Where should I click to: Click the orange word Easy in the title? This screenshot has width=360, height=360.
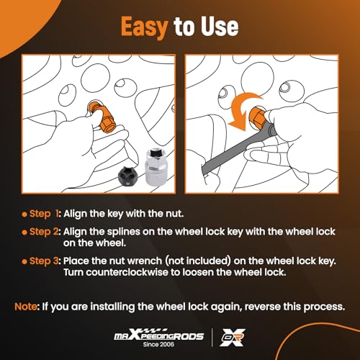click(144, 27)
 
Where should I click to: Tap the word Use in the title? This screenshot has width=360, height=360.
click(220, 27)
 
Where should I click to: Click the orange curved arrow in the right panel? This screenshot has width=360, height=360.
click(243, 110)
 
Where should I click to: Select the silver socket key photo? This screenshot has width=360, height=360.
click(157, 167)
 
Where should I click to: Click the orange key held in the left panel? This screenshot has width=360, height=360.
click(103, 117)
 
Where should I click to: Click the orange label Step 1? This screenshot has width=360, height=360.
click(44, 214)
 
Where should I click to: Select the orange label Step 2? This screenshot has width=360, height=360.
click(44, 232)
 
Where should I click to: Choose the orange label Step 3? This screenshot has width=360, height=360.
click(44, 261)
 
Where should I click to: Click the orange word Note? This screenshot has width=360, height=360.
click(26, 307)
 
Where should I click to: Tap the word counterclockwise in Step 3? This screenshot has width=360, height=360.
click(127, 272)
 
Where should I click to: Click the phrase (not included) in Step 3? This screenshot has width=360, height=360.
click(198, 261)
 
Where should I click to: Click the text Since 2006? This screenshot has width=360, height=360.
click(158, 344)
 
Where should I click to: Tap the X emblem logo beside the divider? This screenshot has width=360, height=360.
click(233, 337)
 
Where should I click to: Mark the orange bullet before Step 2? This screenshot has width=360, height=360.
click(24, 233)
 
